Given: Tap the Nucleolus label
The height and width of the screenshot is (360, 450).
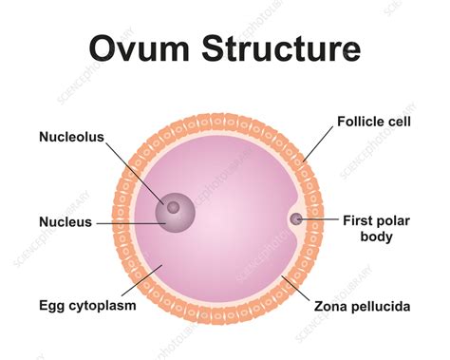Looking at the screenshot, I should tap(70, 136).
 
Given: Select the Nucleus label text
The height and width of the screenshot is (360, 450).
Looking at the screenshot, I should tap(66, 222).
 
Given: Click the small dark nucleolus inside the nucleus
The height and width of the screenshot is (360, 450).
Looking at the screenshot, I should tap(174, 207).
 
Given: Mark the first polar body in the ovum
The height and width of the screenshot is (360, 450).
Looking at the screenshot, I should tap(296, 218).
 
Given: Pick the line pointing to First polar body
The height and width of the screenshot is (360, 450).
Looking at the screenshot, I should tap(321, 218).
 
